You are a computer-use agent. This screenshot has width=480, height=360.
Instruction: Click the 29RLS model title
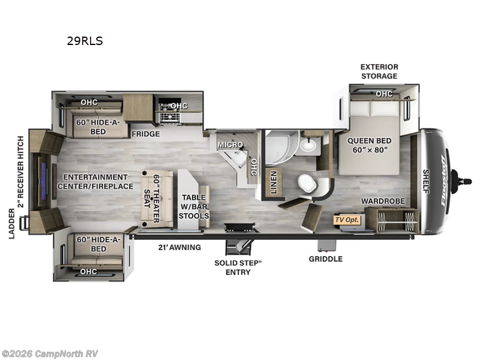tap(85, 41)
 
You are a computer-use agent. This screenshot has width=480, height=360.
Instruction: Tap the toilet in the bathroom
tap(307, 184)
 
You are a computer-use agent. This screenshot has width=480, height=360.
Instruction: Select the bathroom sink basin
tap(308, 145)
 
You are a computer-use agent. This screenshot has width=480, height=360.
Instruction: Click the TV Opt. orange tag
tap(347, 220)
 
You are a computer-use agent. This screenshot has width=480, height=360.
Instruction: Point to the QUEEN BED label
tap(369, 141)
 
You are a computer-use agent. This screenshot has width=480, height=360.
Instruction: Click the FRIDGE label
tap(146, 134)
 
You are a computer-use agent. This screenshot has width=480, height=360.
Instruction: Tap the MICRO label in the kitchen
tap(230, 144)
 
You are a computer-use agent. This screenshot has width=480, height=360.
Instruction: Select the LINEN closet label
tap(274, 182)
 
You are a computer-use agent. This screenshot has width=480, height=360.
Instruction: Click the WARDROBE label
tap(383, 201)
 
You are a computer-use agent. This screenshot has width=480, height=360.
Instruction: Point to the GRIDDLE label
tap(325, 259)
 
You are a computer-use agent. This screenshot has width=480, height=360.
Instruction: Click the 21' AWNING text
tap(179, 247)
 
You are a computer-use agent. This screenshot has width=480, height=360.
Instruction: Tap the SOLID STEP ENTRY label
tap(238, 268)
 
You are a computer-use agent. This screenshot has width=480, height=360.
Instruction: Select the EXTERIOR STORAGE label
tap(379, 71)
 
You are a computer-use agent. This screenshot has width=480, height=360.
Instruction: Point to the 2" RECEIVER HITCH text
tap(20, 172)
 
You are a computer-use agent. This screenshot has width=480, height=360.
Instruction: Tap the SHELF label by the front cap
tap(426, 181)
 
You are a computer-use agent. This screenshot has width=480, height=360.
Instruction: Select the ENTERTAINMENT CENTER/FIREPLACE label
tap(95, 182)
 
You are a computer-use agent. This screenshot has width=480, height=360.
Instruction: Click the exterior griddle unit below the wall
tap(326, 245)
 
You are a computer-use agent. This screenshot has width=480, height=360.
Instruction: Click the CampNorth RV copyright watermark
tap(49, 354)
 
